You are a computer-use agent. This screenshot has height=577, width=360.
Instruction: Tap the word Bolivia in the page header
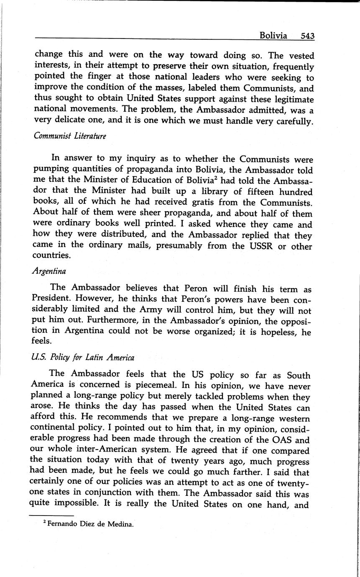273,36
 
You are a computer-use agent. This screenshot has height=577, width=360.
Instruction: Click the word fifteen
250,192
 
